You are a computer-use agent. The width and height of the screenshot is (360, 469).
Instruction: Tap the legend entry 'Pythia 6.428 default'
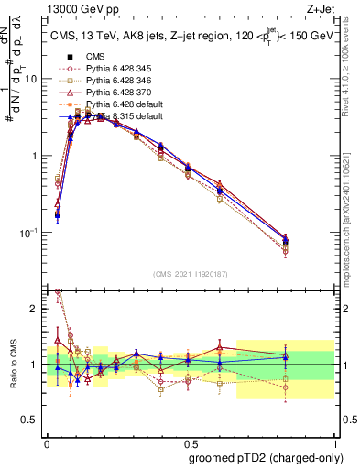click(120, 104)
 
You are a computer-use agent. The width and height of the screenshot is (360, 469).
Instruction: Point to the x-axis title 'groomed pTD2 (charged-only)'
click(267, 457)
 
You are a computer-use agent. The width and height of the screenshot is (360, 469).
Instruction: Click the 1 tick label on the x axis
click(333, 441)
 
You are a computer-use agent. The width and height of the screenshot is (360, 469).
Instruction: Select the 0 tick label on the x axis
click(47, 441)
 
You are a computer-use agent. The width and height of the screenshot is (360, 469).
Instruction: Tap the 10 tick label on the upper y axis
click(31, 79)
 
